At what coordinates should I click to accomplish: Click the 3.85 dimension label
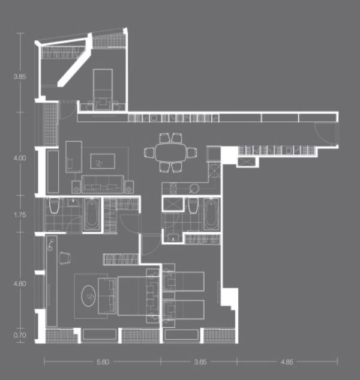click(x=20, y=77)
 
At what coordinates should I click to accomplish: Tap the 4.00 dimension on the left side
click(x=20, y=158)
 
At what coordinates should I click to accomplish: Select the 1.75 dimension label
click(x=20, y=215)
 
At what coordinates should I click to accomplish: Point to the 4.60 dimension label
click(x=20, y=283)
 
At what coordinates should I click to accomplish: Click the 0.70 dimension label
click(x=20, y=335)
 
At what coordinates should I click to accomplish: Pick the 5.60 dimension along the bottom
click(x=103, y=362)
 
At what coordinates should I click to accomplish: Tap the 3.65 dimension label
click(x=200, y=362)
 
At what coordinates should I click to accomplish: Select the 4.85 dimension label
click(x=287, y=362)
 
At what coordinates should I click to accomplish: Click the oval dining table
click(x=171, y=152)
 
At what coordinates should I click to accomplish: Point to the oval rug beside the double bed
click(x=88, y=296)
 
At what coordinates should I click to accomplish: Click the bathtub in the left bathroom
click(x=92, y=214)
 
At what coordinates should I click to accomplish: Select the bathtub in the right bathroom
click(x=211, y=214)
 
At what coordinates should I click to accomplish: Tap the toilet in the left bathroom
click(x=54, y=205)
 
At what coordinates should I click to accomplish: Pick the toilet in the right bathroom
click(x=193, y=205)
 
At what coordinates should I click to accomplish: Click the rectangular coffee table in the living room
click(x=103, y=161)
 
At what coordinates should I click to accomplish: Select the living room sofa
click(x=103, y=184)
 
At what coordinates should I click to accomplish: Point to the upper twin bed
click(x=183, y=282)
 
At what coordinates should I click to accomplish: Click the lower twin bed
click(x=183, y=310)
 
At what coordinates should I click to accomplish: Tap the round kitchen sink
click(x=194, y=188)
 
